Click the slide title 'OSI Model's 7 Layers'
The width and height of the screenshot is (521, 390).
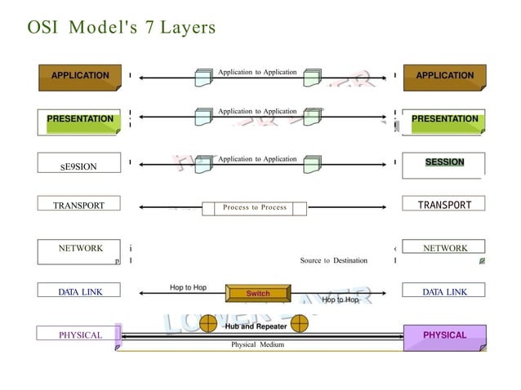[122, 28]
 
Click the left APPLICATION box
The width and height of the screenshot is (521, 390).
[79, 76]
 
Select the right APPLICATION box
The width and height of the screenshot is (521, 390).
[444, 76]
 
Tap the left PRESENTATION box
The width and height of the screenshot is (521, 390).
[80, 120]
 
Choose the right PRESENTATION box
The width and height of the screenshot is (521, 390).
[444, 120]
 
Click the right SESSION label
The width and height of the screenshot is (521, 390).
[444, 162]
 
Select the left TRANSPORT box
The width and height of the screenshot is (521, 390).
[79, 206]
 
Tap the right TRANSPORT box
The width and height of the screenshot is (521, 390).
[444, 205]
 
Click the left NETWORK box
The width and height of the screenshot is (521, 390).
[80, 248]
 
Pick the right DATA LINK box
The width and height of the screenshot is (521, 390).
[444, 291]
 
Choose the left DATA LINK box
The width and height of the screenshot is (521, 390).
[79, 291]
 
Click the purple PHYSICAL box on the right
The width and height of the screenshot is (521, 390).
[444, 335]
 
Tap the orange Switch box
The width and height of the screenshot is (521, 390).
[257, 293]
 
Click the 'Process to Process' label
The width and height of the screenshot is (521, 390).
[255, 208]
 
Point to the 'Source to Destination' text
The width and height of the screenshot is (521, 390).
[333, 261]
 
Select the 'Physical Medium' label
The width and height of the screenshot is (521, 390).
[257, 345]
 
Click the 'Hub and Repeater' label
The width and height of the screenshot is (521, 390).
[255, 326]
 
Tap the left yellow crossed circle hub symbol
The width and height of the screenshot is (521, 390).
[209, 324]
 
